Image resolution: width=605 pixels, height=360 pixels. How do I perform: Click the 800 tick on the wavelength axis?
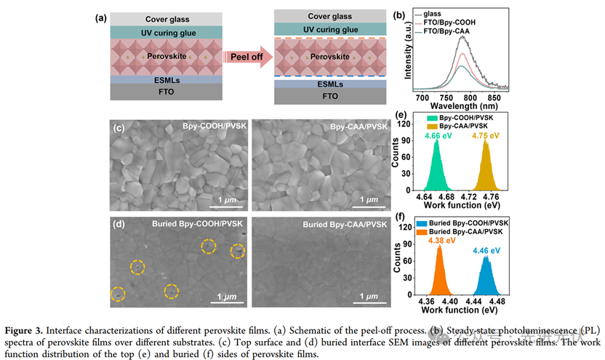click(x=470, y=97)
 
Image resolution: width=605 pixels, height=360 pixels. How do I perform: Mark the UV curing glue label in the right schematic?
click(x=330, y=30)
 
